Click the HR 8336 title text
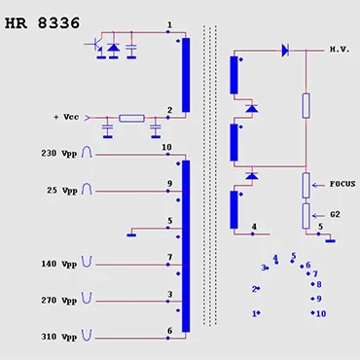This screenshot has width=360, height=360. point(42,23)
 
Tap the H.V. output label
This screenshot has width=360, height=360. point(340,50)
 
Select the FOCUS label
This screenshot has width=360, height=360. point(342,184)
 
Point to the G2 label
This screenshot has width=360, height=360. point(336,214)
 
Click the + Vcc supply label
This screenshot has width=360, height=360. point(66,117)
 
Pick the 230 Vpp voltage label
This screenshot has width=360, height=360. point(59,153)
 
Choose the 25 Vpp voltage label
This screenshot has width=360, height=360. point(62,190)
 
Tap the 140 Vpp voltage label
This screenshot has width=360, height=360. point(59,264)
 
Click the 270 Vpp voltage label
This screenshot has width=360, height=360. point(59,301)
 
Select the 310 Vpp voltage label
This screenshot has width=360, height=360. point(59,337)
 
